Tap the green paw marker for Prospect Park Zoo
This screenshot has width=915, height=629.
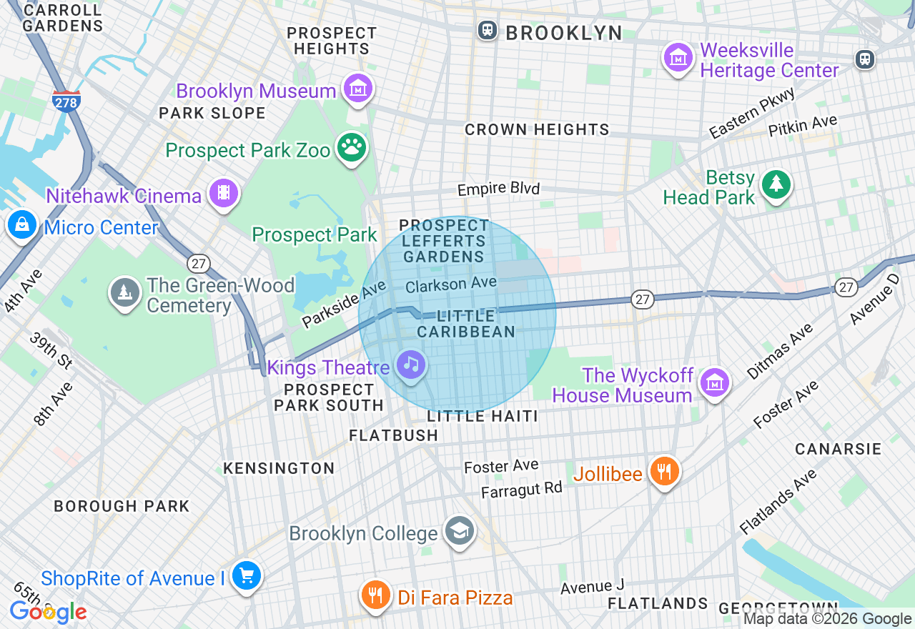351,148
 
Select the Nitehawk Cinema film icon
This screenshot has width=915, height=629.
224,193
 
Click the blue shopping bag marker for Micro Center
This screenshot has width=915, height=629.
22,225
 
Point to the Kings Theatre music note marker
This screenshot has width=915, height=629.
410,365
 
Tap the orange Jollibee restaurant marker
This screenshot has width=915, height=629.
664,471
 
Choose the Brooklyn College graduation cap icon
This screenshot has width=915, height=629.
459,531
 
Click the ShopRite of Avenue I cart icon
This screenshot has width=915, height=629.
247,575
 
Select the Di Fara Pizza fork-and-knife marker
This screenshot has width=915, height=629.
375,595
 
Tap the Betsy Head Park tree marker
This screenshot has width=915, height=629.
776,185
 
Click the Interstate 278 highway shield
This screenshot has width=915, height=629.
66,101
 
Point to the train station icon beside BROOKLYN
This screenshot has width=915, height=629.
488,30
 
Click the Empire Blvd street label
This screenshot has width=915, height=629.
498,189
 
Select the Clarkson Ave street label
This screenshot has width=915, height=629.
450,284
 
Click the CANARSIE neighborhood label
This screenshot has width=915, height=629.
839,449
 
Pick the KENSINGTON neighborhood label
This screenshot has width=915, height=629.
279,468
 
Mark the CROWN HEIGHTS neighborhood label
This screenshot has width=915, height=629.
537,129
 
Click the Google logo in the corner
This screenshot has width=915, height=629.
48,612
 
